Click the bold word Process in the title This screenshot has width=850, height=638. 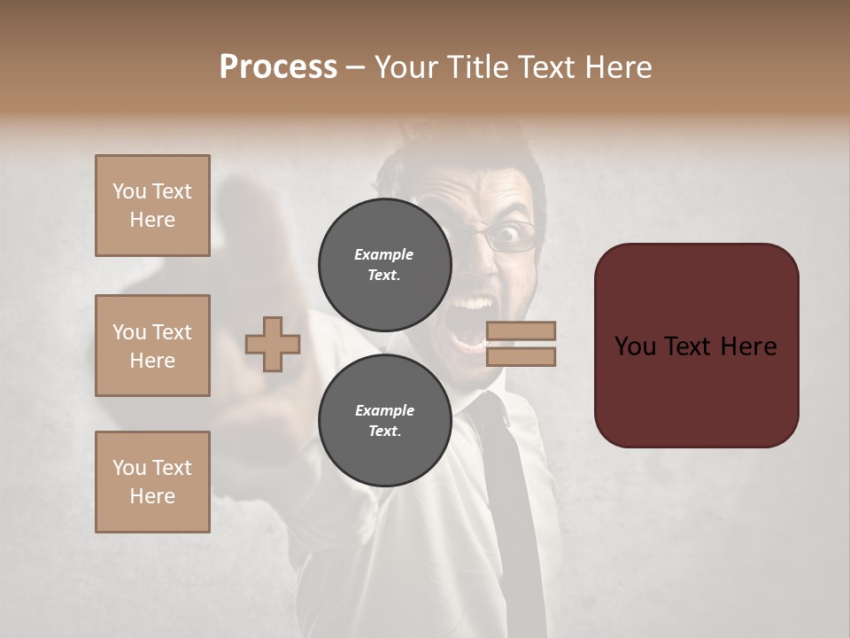(x=278, y=67)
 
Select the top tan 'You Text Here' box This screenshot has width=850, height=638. (x=152, y=206)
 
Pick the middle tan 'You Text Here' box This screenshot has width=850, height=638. (x=152, y=346)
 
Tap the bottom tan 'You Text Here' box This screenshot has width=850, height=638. (x=152, y=482)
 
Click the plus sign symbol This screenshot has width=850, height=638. (x=273, y=344)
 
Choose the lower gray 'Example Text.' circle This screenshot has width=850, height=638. (x=384, y=420)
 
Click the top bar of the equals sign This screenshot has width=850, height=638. (x=521, y=331)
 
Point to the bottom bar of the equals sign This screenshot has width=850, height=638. (x=521, y=356)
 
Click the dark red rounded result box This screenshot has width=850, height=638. (x=696, y=346)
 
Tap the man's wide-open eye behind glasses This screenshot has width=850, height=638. (x=508, y=235)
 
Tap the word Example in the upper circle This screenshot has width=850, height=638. (x=384, y=254)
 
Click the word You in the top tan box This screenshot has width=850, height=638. (x=129, y=191)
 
